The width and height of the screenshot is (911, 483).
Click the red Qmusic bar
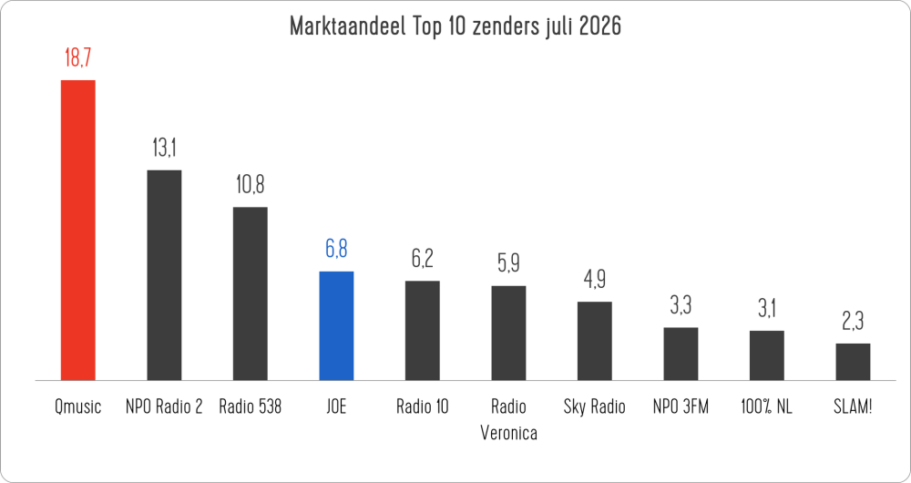(x=77, y=231)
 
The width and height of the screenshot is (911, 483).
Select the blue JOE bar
(x=336, y=326)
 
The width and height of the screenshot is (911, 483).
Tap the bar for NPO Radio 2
(x=164, y=275)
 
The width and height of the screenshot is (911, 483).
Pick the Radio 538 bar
(x=251, y=294)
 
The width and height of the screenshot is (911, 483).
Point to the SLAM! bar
(x=853, y=362)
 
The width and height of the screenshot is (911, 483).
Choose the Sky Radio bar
(x=594, y=341)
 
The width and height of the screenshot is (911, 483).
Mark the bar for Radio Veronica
(x=508, y=333)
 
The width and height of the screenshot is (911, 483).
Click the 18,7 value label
(x=77, y=58)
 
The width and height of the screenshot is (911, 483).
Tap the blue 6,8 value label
(x=336, y=250)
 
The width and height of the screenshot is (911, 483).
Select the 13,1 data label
(x=164, y=149)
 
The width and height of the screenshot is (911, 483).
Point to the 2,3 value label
(x=853, y=322)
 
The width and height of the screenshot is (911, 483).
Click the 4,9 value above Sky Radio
(x=594, y=280)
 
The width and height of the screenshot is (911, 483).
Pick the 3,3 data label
(x=681, y=305)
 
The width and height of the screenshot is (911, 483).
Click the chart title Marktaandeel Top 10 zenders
(x=417, y=26)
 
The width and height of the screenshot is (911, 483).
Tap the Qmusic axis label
(x=77, y=406)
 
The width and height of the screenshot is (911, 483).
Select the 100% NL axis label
(x=766, y=406)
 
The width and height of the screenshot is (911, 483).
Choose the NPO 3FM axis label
(x=681, y=406)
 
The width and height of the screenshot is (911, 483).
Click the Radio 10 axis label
(x=423, y=406)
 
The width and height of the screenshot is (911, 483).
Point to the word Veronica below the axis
(x=508, y=434)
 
